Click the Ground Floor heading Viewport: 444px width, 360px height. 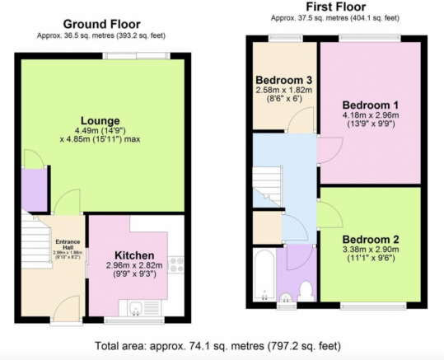[x=100, y=24]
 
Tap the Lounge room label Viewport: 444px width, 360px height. [x=100, y=120]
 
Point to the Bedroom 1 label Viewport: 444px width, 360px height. [x=371, y=105]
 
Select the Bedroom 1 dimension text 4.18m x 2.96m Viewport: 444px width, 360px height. [x=371, y=116]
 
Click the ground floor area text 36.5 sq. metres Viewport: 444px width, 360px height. [x=100, y=35]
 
